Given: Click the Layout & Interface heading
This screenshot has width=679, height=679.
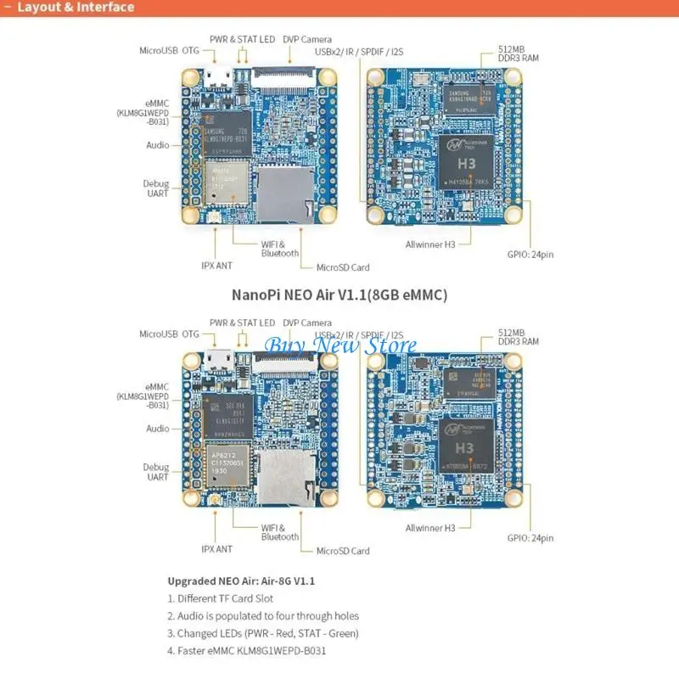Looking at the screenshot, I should [x=76, y=8].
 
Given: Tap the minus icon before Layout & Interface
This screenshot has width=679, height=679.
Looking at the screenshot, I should [x=8, y=8].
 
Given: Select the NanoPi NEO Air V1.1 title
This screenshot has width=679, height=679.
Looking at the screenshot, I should [x=339, y=295].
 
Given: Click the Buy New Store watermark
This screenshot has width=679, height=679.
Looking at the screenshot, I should [x=341, y=345].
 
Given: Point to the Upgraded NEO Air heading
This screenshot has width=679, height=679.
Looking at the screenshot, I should [x=241, y=581].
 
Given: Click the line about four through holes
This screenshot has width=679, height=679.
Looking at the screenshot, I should [x=263, y=616].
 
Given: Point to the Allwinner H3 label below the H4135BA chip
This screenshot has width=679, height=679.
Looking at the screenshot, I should [x=430, y=244].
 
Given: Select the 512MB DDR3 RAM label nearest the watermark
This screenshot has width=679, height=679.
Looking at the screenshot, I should [x=519, y=336].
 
